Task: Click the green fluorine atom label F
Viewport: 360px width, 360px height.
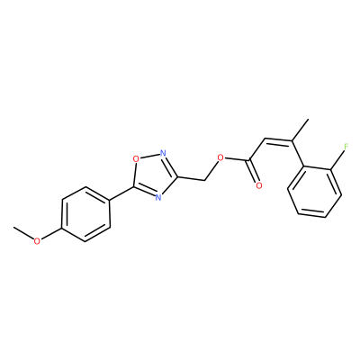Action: pos(346,147)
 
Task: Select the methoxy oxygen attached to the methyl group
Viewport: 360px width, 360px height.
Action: pos(37,241)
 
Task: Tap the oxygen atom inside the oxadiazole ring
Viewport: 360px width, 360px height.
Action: pos(136,158)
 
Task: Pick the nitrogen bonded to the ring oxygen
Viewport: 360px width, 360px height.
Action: pos(163,153)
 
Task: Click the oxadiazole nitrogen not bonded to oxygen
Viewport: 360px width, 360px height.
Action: pos(158,197)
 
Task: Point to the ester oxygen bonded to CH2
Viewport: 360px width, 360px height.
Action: pos(220,157)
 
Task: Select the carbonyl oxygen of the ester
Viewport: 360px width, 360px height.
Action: pos(259,185)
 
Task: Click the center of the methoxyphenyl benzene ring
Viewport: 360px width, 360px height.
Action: pos(85,214)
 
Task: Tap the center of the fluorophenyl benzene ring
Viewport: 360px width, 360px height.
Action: pos(314,191)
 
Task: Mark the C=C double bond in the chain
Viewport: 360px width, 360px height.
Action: pos(278,141)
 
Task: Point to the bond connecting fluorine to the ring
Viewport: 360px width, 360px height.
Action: pos(337,160)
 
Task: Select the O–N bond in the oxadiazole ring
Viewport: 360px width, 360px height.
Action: pos(149,156)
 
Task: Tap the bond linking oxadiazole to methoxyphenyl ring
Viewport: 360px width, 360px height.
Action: pos(121,193)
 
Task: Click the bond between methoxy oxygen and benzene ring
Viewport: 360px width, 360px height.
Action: pos(51,234)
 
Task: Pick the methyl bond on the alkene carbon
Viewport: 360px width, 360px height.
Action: pos(301,130)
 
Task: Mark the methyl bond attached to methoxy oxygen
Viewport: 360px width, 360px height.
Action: pos(23,233)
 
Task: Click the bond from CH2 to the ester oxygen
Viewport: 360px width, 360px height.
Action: pos(211,171)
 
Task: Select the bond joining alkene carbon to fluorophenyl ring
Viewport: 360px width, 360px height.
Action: pos(297,153)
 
